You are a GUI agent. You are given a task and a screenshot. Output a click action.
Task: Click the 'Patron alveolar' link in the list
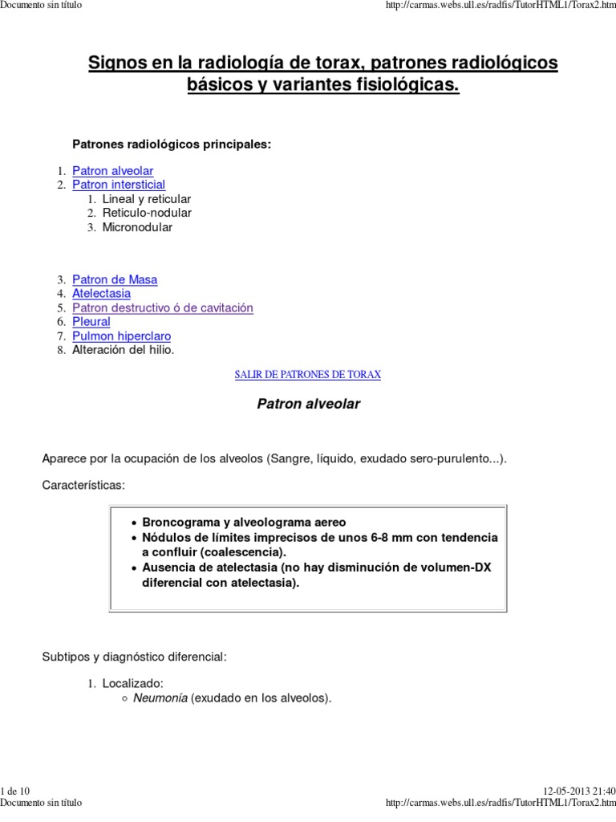[x=112, y=171]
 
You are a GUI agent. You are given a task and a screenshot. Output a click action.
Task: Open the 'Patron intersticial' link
[x=119, y=185]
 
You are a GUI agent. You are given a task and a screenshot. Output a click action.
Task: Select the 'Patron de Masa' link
[x=115, y=280]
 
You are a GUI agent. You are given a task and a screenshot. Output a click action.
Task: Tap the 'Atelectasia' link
[x=101, y=294]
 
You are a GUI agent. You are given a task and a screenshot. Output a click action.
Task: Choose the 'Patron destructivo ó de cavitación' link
[x=162, y=308]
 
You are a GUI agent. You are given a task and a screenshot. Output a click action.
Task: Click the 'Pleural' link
[x=91, y=322]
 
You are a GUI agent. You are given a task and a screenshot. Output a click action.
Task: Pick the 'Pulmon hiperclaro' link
[x=121, y=336]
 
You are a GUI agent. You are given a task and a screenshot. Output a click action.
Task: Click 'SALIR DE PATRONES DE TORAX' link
[x=307, y=375]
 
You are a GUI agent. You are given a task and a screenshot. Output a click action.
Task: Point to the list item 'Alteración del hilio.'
[x=123, y=350]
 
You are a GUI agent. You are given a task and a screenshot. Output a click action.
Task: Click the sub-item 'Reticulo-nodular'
[x=147, y=213]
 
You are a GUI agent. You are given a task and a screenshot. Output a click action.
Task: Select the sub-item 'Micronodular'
[x=137, y=227]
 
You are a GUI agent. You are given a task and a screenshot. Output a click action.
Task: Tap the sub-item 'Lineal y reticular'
[x=147, y=199]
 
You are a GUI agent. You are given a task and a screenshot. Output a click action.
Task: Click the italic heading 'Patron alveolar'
[x=308, y=405]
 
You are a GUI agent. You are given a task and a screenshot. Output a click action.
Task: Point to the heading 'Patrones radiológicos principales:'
[x=172, y=144]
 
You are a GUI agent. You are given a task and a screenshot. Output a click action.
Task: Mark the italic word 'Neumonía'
[x=160, y=698]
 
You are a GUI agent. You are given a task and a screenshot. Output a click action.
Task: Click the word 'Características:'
[x=83, y=486]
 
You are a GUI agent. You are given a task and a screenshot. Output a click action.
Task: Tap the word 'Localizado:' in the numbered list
[x=132, y=684]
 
